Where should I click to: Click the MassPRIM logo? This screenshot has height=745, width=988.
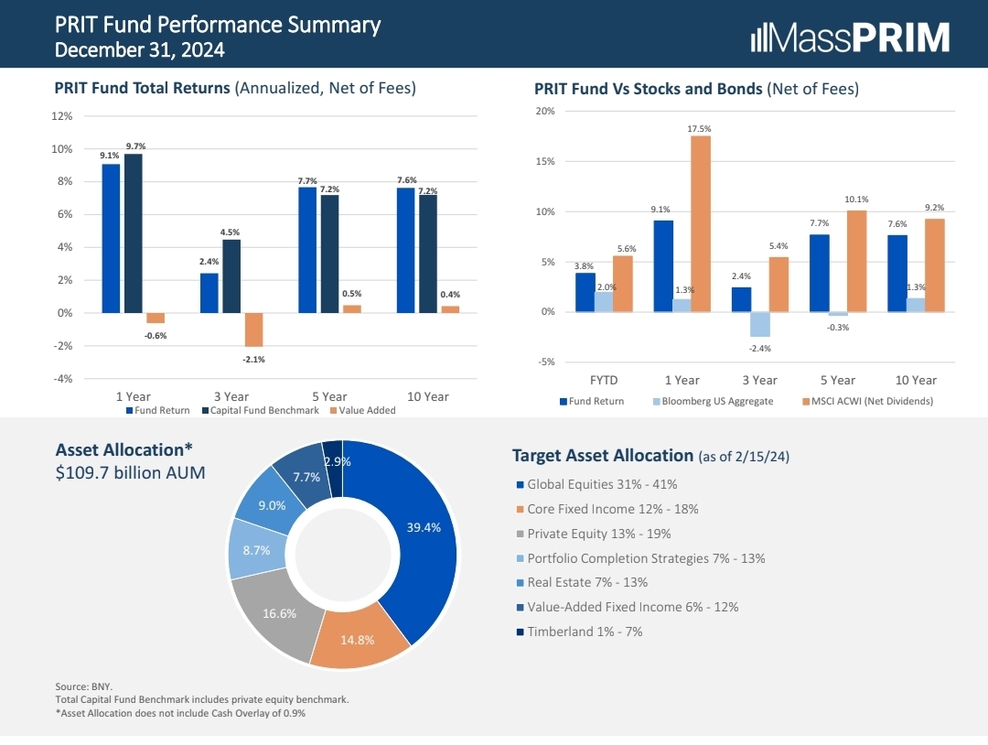pos(850,38)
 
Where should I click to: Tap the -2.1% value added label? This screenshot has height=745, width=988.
pos(253,360)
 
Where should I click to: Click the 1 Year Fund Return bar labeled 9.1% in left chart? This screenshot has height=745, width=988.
pos(111,238)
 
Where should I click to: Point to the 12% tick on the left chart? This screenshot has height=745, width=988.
pos(62,116)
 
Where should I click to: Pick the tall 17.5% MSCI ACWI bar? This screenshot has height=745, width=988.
pos(700,223)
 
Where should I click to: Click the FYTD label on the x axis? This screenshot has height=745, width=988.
pos(604,380)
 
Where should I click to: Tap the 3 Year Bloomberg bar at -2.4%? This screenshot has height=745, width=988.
pos(759,324)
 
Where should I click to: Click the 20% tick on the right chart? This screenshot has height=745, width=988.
pos(544,112)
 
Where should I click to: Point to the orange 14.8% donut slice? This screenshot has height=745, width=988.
pos(358,644)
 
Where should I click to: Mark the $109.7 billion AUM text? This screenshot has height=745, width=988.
pos(131,473)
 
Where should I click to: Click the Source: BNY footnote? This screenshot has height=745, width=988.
pos(83,686)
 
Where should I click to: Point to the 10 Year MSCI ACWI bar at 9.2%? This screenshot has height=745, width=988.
pos(934,265)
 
